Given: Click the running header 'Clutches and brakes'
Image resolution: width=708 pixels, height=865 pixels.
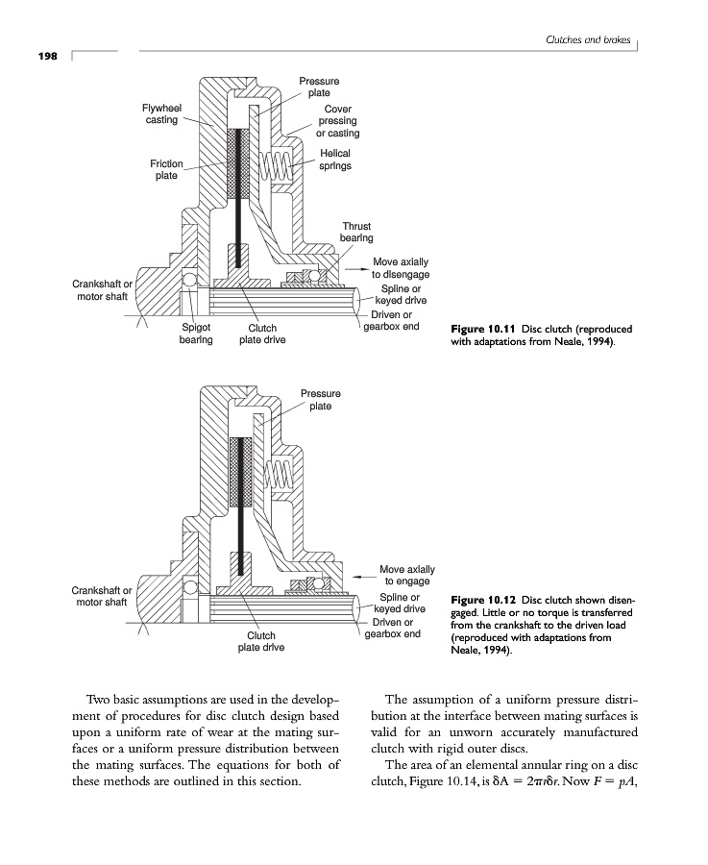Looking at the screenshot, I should click(x=587, y=38).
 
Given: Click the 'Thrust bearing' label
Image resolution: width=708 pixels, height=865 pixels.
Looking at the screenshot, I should click(x=356, y=232).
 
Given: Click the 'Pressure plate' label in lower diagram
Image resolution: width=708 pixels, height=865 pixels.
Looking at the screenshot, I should click(x=320, y=400).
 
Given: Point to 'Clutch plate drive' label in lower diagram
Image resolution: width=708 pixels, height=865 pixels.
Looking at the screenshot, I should click(x=261, y=642).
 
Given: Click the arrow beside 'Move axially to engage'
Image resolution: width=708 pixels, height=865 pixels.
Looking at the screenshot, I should click(x=363, y=576).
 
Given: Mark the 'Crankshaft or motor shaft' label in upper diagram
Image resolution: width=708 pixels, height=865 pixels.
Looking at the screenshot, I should click(x=103, y=290).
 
